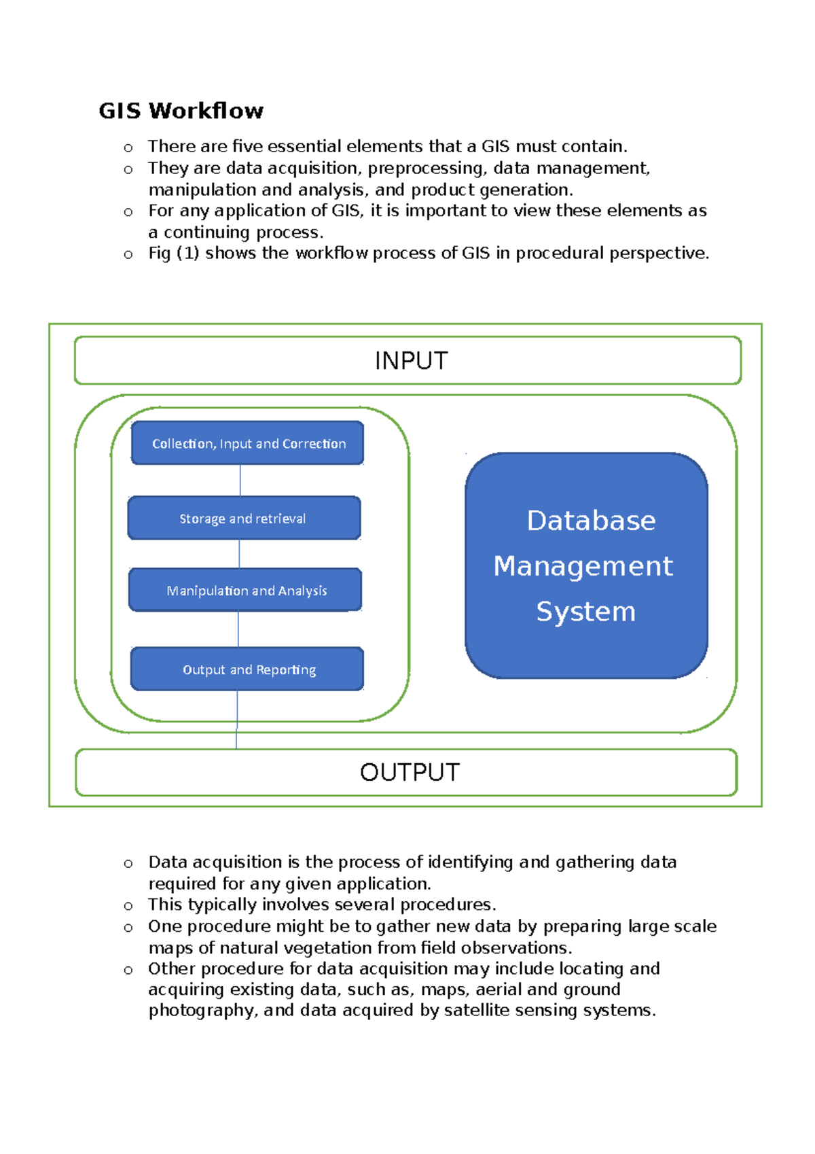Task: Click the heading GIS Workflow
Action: (181, 111)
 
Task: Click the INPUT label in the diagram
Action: (411, 361)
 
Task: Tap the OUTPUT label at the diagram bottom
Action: (410, 773)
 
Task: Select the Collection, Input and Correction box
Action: (248, 443)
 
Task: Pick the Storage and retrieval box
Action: (244, 518)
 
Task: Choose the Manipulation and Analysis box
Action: (245, 590)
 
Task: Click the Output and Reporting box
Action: (248, 669)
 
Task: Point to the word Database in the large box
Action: (591, 521)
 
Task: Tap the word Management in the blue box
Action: (583, 566)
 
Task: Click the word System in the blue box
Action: (585, 612)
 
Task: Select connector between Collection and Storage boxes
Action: (240, 480)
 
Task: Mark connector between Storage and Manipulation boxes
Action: (239, 554)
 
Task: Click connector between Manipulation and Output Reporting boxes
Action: (238, 629)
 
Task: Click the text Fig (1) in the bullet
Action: (173, 253)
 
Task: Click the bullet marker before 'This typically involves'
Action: (128, 906)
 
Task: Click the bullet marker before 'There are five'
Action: (128, 147)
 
